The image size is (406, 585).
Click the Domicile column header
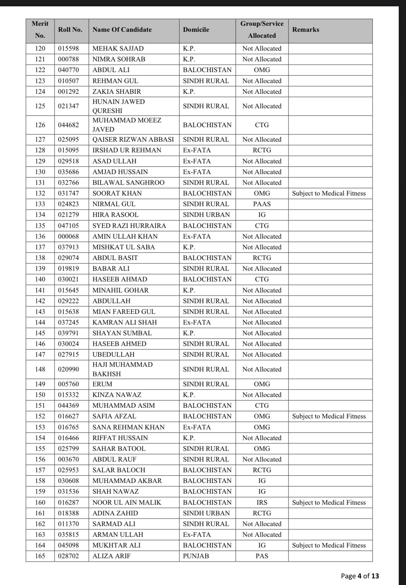point(196,30)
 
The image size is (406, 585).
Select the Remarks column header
point(306,30)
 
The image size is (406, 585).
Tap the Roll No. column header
point(70,30)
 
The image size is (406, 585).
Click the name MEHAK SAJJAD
point(118,48)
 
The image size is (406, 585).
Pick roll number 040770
point(68,70)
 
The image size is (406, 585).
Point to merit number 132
point(40,193)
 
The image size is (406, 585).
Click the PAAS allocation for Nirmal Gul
point(262,204)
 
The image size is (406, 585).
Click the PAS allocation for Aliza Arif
point(262,556)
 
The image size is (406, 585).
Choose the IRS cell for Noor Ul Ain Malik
point(262,503)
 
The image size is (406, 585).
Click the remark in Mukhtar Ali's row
point(329,545)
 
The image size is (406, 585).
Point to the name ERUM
point(102,384)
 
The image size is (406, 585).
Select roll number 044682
point(68,125)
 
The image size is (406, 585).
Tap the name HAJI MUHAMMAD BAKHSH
point(122,369)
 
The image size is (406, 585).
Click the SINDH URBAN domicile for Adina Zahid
point(206,513)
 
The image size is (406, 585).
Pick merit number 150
point(40,395)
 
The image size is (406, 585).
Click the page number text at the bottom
point(360,576)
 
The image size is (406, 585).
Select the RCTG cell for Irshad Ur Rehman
point(262,150)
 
